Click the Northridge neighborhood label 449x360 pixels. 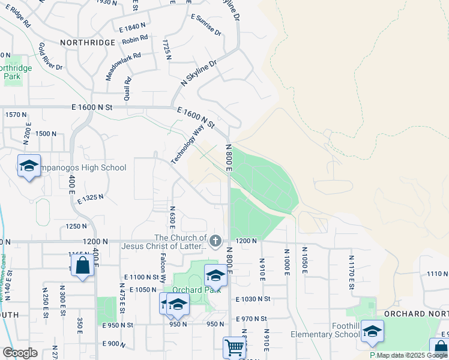tap(87, 43)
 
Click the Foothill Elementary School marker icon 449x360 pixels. tap(372, 331)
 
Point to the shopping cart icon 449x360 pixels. tap(234, 346)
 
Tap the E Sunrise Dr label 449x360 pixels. tap(206, 25)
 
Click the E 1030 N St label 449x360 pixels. tap(253, 299)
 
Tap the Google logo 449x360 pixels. tap(20, 353)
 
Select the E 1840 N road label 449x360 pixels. tap(133, 27)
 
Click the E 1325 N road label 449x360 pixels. tap(91, 197)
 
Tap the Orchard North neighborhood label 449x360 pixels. tap(412, 314)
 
